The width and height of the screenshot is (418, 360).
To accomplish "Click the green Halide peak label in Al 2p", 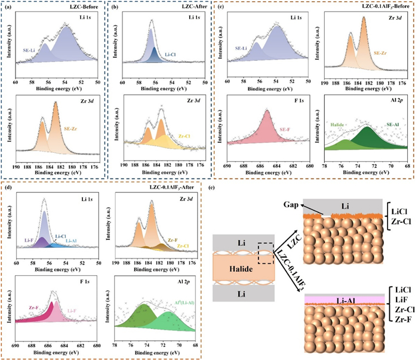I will tap(339, 123).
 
